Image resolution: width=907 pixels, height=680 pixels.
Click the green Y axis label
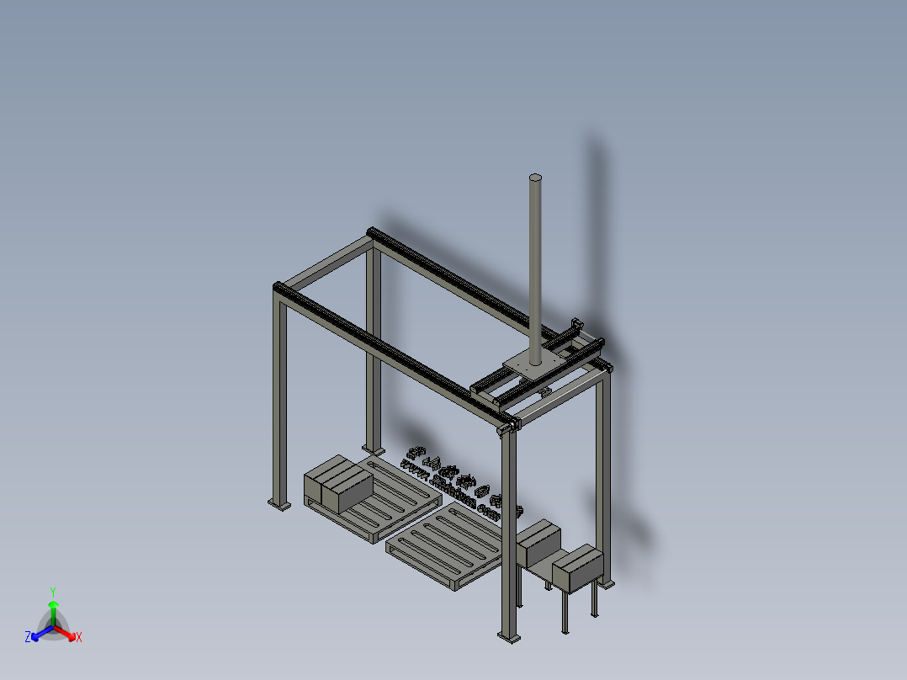[x=53, y=592]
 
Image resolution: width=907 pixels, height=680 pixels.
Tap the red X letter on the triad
[x=79, y=638]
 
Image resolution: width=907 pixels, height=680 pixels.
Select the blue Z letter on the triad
[x=28, y=638]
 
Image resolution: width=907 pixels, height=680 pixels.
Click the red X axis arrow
[x=67, y=632]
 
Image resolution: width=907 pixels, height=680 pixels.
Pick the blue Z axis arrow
[x=39, y=632]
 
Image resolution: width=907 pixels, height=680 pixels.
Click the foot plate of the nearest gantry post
[x=509, y=637]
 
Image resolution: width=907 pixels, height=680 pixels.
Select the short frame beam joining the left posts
[x=324, y=262]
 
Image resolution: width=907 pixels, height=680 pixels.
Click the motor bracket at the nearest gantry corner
[x=508, y=428]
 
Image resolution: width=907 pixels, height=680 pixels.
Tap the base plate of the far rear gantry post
[x=371, y=449]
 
